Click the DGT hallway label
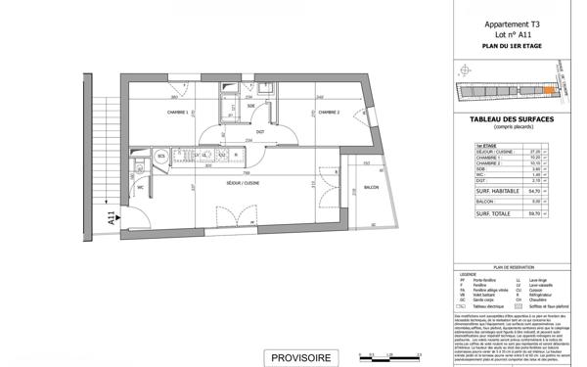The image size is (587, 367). (x=260, y=131)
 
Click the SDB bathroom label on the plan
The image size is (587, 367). (x=250, y=107)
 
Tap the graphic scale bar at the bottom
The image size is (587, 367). (x=388, y=356)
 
